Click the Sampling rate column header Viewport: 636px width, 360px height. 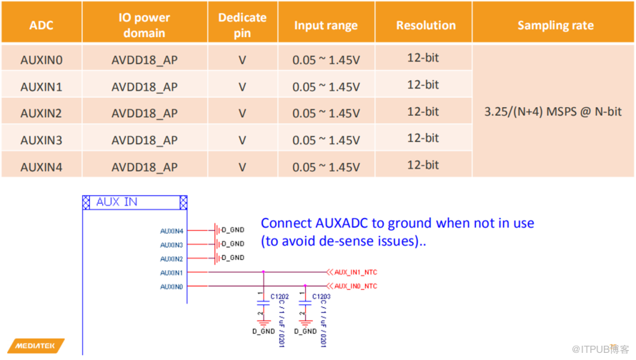pyautogui.click(x=555, y=25)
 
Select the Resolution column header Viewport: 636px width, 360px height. pyautogui.click(x=426, y=25)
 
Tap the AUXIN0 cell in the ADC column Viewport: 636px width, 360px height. pyautogui.click(x=41, y=60)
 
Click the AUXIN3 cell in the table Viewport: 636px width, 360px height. pyautogui.click(x=41, y=140)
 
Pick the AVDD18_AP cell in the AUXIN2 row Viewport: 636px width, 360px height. pyautogui.click(x=144, y=113)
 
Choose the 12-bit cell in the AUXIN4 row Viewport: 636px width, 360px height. pyautogui.click(x=423, y=164)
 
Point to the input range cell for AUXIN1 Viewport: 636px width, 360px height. pyautogui.click(x=326, y=86)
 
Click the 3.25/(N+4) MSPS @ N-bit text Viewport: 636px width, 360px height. pyautogui.click(x=552, y=112)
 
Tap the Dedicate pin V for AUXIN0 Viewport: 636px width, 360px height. pyautogui.click(x=242, y=60)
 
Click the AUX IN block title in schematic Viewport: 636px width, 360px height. pyautogui.click(x=117, y=202)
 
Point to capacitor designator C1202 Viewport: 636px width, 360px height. pyautogui.click(x=280, y=296)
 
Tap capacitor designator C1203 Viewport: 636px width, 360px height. pyautogui.click(x=321, y=296)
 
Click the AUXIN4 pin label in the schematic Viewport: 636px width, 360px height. pyautogui.click(x=172, y=231)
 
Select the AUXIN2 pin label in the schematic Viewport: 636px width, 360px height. pyautogui.click(x=172, y=259)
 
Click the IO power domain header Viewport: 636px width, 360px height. pyautogui.click(x=144, y=25)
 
